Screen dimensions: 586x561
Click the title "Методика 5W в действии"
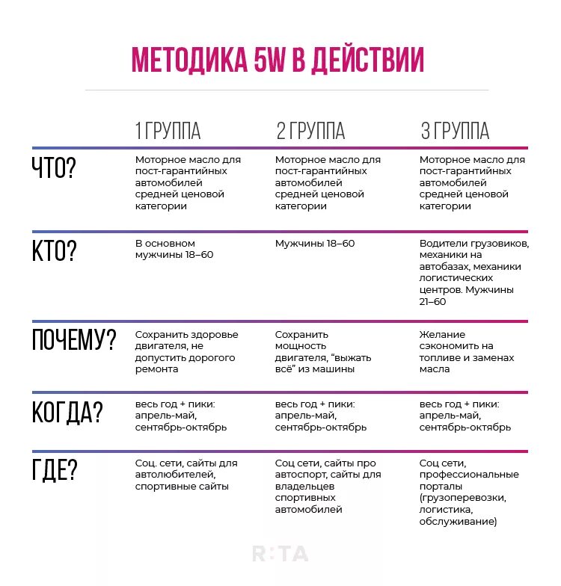[x=278, y=60]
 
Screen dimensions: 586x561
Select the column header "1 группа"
[x=168, y=131]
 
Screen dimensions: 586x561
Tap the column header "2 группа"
[x=310, y=131]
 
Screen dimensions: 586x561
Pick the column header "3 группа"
[x=455, y=131]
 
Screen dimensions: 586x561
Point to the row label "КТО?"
[x=54, y=250]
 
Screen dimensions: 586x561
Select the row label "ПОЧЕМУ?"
[x=74, y=340]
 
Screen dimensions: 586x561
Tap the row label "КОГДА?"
[x=67, y=413]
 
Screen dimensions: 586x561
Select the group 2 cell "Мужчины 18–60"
[x=315, y=244]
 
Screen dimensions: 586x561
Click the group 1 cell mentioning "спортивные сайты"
[x=186, y=475]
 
